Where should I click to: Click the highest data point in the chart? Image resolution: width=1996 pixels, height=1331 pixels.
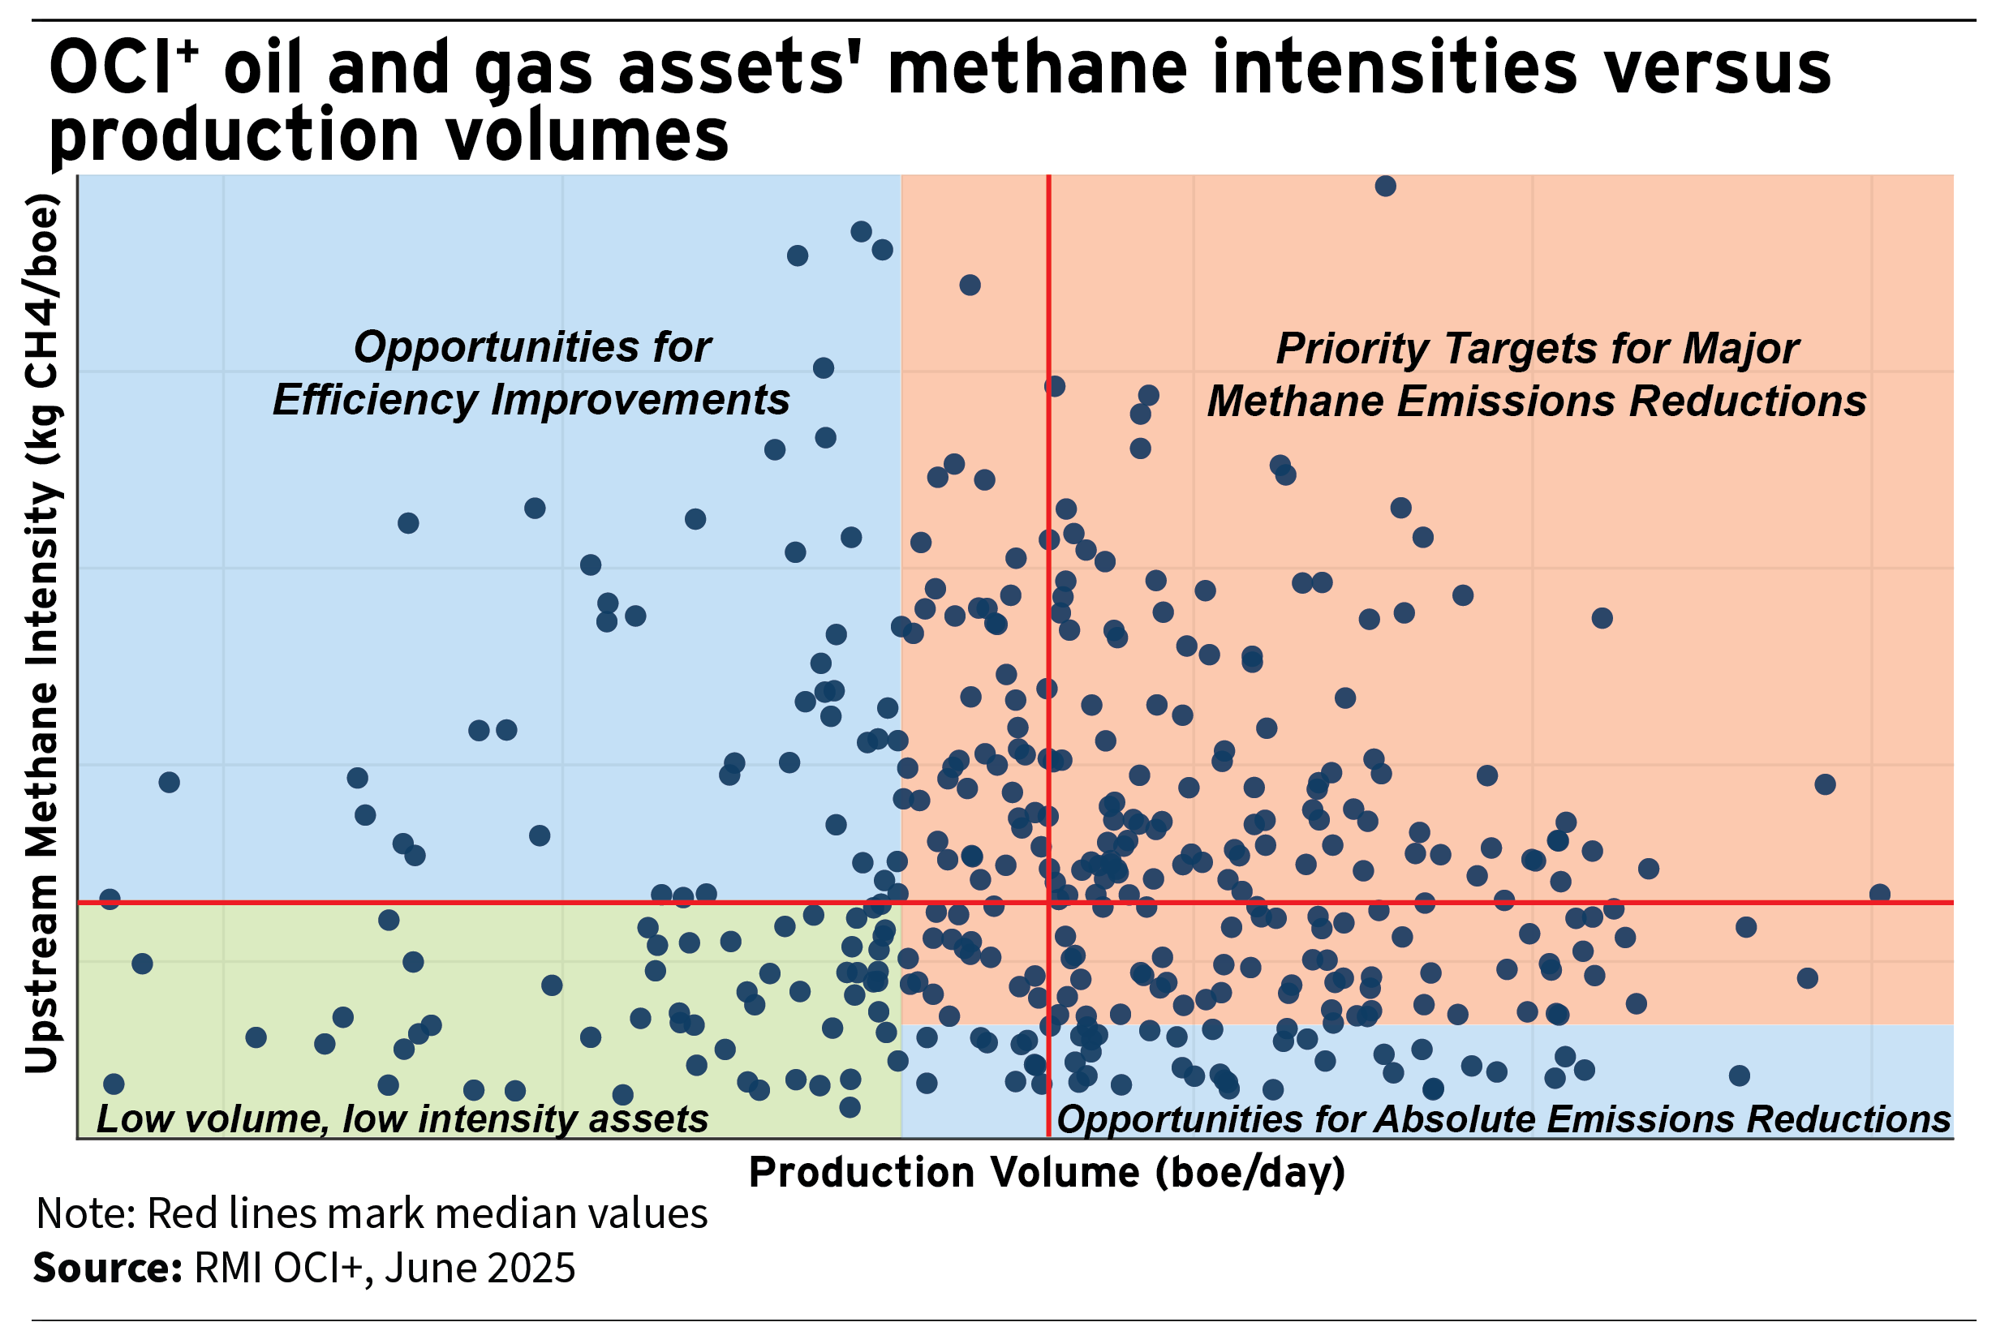[x=1385, y=186]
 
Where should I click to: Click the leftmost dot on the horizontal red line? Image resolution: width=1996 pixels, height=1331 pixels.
[x=110, y=899]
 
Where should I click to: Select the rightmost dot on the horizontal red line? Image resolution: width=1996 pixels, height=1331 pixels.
[x=1880, y=894]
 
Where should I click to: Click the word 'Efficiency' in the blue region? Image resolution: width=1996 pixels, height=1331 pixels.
[x=375, y=400]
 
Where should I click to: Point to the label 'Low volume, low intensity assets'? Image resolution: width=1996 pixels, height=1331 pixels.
[x=402, y=1118]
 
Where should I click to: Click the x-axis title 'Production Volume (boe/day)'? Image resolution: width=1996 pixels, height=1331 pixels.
[x=1047, y=1173]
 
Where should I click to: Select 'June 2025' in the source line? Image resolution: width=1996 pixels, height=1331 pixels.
[x=480, y=1269]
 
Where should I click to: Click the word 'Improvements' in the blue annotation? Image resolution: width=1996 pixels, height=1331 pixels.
[x=640, y=400]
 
